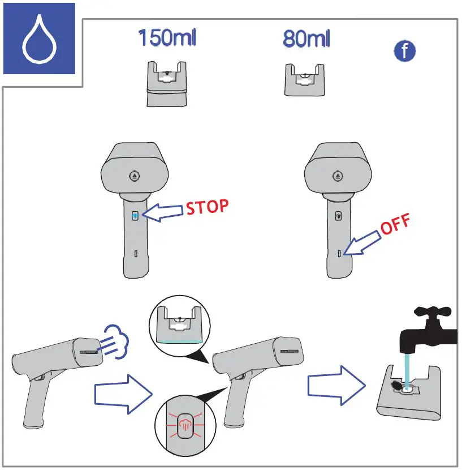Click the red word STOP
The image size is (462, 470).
(208, 207)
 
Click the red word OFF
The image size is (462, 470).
(394, 225)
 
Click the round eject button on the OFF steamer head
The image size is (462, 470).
(339, 176)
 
